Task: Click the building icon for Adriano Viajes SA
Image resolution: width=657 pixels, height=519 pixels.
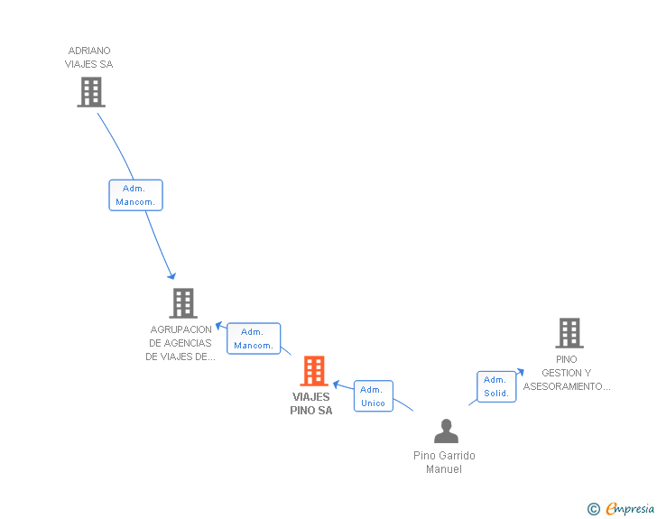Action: click(x=91, y=92)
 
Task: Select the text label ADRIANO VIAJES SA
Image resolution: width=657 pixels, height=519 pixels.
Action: click(x=89, y=58)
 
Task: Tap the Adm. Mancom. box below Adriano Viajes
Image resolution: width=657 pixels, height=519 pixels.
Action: click(x=135, y=195)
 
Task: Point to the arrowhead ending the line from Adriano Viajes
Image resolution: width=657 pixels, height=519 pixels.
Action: click(x=171, y=275)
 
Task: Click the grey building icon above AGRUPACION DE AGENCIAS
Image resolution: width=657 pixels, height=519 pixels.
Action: click(x=182, y=303)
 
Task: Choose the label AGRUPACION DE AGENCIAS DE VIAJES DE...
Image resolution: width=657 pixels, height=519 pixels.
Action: click(x=180, y=343)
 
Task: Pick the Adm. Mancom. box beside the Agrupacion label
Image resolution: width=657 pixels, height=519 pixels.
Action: click(x=254, y=338)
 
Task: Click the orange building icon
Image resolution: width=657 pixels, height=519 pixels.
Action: click(x=313, y=371)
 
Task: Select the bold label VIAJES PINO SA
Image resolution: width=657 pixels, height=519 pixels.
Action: click(x=311, y=403)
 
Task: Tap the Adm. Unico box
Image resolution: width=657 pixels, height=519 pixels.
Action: click(x=373, y=396)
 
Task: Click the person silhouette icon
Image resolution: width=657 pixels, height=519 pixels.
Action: click(x=446, y=431)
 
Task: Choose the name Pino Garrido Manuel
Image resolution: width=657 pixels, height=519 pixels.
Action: click(x=444, y=462)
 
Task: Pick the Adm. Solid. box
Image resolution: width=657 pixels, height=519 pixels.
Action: click(x=496, y=386)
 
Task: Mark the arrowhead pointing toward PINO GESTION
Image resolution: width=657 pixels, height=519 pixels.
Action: click(x=520, y=371)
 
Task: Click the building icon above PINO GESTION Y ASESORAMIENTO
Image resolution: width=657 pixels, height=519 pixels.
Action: click(x=569, y=333)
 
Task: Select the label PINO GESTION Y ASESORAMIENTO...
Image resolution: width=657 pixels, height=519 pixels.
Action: click(x=567, y=373)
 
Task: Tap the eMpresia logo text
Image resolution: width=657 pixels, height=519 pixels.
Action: click(x=630, y=508)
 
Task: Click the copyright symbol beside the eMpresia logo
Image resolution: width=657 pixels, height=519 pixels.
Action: click(x=593, y=509)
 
